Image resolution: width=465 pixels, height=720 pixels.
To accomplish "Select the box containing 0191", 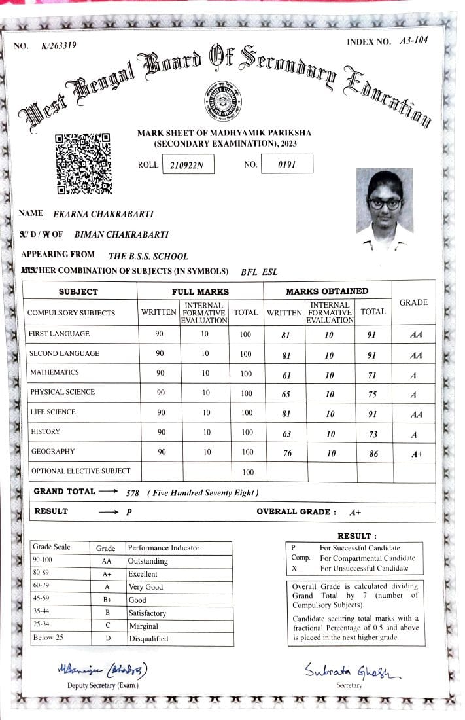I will pos(286,164).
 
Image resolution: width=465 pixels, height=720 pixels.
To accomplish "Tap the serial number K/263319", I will pos(59,45).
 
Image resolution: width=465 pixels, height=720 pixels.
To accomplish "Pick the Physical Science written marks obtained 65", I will pos(284,395).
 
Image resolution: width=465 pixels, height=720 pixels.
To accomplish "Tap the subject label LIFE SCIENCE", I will pos(52,412).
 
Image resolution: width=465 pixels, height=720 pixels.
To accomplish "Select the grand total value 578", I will pos(133,493).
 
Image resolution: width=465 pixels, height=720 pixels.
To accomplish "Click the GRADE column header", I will pos(413,302).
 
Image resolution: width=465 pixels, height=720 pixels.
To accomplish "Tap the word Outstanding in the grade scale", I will pos(148,561).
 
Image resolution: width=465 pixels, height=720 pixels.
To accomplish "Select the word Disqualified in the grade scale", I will pos(148,639).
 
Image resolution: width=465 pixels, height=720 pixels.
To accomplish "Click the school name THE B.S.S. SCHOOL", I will pos(148,257).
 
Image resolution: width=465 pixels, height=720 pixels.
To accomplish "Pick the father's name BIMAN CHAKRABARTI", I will pos(122,234).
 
